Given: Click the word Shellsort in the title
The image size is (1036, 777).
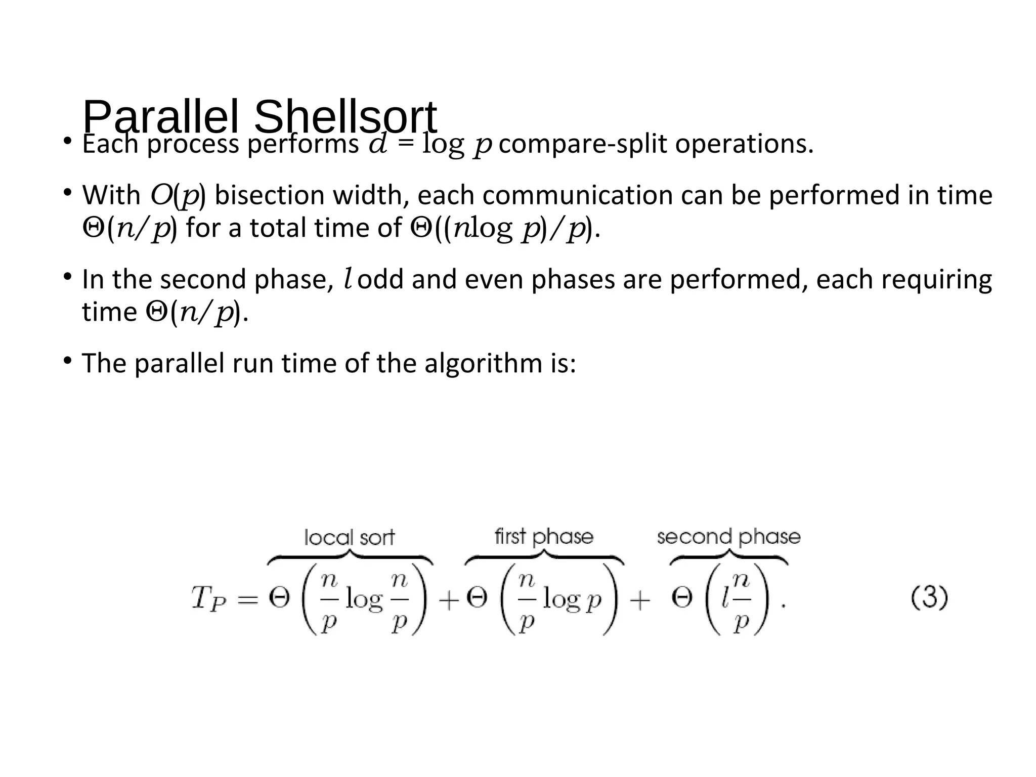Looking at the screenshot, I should click(x=345, y=117).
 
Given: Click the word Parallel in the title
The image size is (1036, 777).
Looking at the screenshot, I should click(x=160, y=117).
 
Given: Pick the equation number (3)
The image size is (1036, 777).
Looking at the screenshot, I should click(x=929, y=598).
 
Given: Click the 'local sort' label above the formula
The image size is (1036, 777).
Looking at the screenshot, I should click(x=349, y=537).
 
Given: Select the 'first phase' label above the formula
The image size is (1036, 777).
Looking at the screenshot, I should click(x=544, y=536).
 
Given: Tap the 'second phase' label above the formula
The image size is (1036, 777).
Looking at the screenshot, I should click(x=728, y=536).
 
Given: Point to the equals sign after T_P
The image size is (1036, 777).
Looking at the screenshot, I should click(x=248, y=600).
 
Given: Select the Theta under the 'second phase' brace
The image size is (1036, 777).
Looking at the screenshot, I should click(x=681, y=599).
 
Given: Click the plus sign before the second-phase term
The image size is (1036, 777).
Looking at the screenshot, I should click(x=640, y=600).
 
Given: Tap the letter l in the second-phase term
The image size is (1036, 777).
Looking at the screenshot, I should click(x=725, y=598).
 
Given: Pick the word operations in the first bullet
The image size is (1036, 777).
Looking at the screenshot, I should click(x=744, y=144).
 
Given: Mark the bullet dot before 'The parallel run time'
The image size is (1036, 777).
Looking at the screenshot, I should click(x=67, y=360).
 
